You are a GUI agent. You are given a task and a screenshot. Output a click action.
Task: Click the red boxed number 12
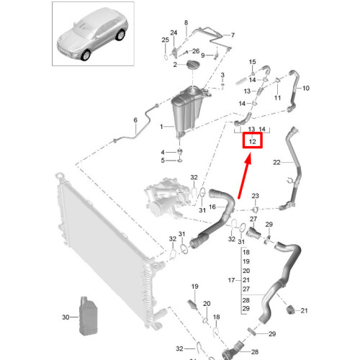pos(252,141)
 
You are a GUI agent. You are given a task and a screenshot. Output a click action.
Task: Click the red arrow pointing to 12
pos(245,176)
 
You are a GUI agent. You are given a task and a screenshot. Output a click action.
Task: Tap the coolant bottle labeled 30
pos(89,316)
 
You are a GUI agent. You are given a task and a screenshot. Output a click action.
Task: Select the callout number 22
pos(276,163)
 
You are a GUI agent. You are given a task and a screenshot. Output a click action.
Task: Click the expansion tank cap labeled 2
pos(193,65)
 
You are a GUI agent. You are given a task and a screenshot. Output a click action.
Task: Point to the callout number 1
pos(161,127)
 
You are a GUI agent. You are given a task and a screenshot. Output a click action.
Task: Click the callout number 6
pos(135,120)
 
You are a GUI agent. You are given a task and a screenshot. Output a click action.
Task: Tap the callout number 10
pos(306,89)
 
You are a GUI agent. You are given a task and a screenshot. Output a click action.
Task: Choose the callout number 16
pos(212,207)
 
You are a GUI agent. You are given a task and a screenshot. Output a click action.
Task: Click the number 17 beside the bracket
pos(231,280)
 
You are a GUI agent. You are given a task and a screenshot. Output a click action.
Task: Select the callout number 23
pos(255,196)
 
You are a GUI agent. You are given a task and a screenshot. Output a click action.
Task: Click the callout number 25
pos(166,40)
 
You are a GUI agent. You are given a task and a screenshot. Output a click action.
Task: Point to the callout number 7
pos(233,35)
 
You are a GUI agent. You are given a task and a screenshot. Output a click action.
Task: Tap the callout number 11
pos(277,98)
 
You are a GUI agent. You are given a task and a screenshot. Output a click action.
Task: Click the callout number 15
pos(252,62)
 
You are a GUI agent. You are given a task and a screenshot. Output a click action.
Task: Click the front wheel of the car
pos(86,55)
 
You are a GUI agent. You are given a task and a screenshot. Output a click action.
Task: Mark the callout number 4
pos(163,153)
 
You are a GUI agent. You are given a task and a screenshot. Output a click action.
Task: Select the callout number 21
pos(304,310)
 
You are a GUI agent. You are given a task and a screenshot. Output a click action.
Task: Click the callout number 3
pos(222,75)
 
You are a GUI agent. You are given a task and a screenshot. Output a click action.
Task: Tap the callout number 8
pos(186,23)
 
